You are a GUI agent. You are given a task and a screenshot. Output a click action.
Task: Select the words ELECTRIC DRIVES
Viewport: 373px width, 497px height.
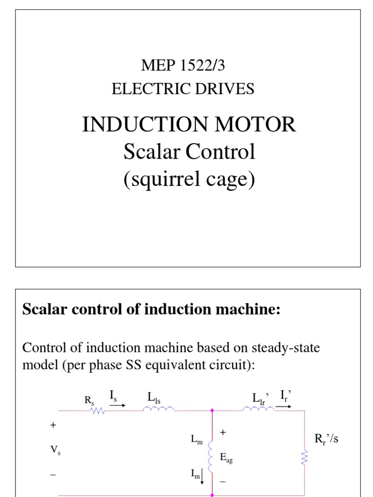[183, 89]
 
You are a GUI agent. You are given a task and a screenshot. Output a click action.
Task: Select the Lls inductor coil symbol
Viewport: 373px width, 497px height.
[158, 409]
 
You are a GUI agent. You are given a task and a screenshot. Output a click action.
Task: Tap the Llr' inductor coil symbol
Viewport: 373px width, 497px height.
[258, 409]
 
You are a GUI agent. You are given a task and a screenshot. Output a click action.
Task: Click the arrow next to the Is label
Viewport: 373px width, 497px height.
[117, 406]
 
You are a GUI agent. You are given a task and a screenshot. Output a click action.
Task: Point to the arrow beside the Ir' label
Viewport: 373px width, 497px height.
[285, 406]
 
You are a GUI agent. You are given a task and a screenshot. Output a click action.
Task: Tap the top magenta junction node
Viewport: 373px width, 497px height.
[212, 410]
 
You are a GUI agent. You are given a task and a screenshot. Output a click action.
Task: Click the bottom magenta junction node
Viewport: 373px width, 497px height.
[212, 495]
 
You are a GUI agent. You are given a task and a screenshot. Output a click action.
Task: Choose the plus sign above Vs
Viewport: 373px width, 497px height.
[53, 425]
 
